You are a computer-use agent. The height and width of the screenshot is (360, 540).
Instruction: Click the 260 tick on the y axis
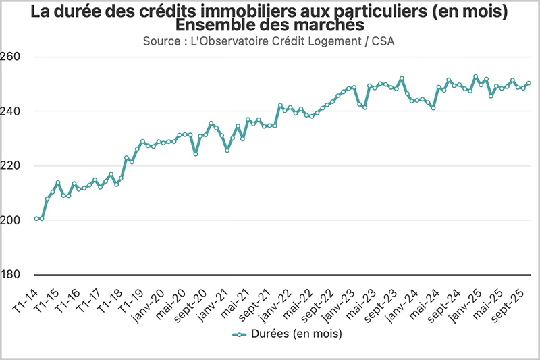(x=11, y=57)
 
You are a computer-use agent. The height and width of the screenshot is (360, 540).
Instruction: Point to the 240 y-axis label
(x=11, y=111)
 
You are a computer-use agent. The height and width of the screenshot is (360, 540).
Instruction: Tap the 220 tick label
(x=11, y=165)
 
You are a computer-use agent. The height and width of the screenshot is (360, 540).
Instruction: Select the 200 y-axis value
(x=11, y=220)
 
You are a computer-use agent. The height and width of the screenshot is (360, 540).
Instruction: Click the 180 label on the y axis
(x=11, y=275)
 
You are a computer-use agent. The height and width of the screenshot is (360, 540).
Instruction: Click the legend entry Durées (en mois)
(x=287, y=334)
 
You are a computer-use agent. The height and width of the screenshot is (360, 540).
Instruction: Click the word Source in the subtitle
(x=162, y=41)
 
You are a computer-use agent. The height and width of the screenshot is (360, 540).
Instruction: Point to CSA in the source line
(x=385, y=41)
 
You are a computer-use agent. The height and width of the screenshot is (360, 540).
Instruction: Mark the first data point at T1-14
(x=36, y=219)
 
